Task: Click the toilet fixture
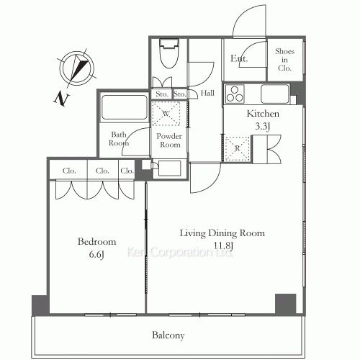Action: point(169,53)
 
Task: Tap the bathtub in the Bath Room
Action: point(125,107)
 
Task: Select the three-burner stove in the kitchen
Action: point(235,94)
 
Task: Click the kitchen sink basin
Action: point(275,94)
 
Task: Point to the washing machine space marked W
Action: point(166,114)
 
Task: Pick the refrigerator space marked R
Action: point(238,149)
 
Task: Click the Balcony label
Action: point(168,336)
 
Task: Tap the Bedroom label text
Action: point(96,241)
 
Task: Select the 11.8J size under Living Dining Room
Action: point(223,246)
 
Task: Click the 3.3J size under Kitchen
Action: point(263,126)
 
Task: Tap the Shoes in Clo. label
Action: point(284,60)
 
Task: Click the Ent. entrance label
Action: point(239,58)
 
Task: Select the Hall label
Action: point(207,93)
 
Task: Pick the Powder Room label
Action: point(169,140)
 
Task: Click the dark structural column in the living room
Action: point(285,303)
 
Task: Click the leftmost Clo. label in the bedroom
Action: point(69,171)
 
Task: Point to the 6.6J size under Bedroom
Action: point(96,254)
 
